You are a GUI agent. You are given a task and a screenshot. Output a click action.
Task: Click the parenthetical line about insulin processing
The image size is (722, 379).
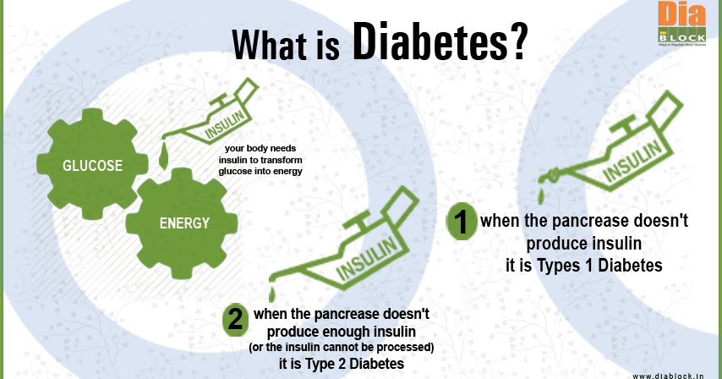341,347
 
